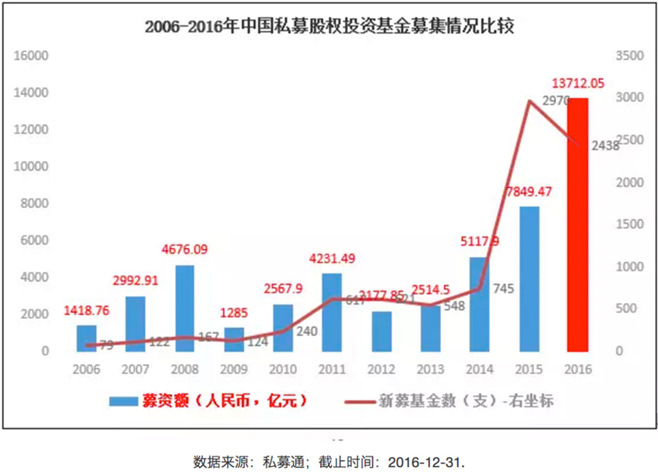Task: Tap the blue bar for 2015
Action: click(x=529, y=279)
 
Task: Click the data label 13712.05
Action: click(x=578, y=84)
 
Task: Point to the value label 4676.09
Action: click(x=186, y=249)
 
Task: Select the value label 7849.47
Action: click(x=529, y=191)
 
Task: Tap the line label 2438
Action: click(x=605, y=147)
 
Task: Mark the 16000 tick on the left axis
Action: click(x=33, y=56)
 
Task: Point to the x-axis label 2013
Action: click(x=430, y=369)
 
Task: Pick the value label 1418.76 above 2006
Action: click(x=88, y=311)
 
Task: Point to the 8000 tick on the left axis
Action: click(x=36, y=203)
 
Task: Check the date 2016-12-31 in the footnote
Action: click(x=430, y=461)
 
